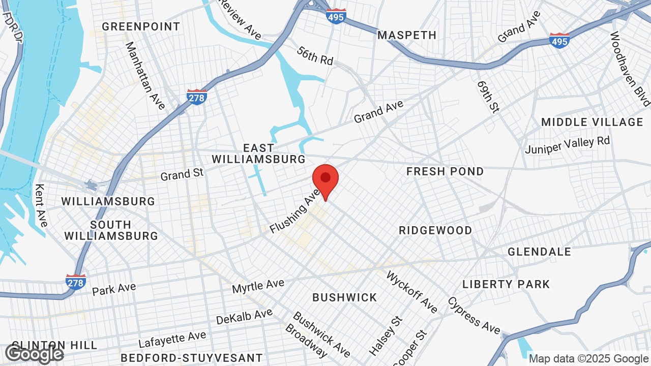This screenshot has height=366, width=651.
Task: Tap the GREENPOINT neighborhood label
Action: tap(141, 26)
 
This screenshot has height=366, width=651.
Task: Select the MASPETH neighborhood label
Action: tap(407, 35)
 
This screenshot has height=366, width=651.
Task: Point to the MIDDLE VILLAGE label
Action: tap(592, 122)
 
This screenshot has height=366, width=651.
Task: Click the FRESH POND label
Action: tap(445, 171)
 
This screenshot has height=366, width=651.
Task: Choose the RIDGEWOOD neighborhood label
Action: tap(435, 230)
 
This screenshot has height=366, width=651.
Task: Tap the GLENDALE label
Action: tap(539, 252)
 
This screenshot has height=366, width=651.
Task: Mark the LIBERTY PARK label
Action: tap(506, 284)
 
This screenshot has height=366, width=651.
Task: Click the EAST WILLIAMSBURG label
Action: tap(258, 154)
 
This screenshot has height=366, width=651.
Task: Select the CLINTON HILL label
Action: tap(54, 345)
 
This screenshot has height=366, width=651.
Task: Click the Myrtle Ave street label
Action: tap(258, 285)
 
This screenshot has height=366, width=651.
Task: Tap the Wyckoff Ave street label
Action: tap(412, 292)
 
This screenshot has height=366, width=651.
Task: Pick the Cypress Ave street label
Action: tap(474, 315)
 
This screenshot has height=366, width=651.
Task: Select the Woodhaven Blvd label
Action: tap(630, 69)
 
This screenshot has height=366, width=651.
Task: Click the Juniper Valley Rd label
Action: tap(567, 145)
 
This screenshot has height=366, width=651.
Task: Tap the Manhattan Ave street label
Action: tap(145, 75)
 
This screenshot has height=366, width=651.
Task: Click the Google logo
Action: tap(35, 354)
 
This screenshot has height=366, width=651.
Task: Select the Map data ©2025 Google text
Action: tap(588, 358)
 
